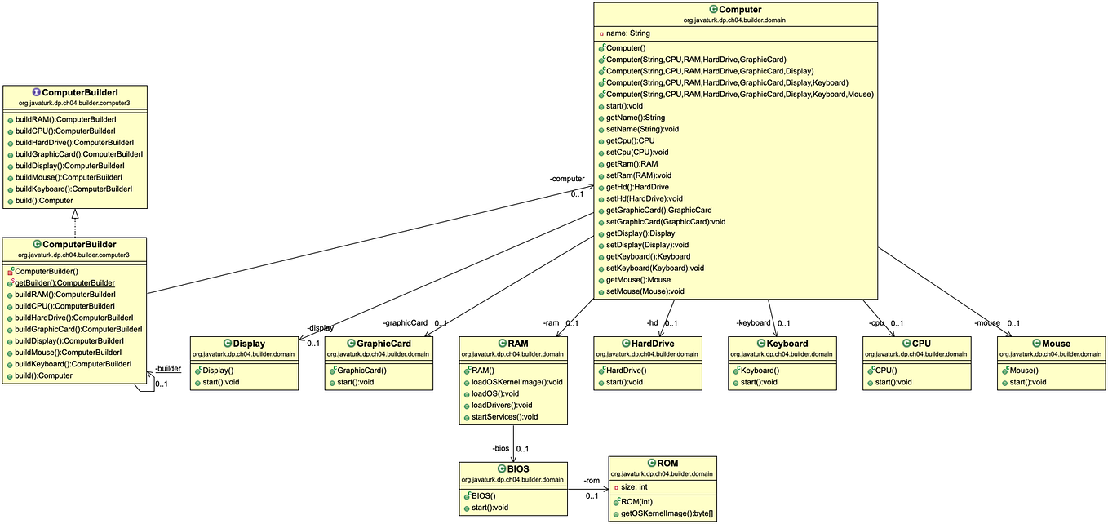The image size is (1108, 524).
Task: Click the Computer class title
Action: click(741, 9)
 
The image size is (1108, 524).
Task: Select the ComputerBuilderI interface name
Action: click(79, 93)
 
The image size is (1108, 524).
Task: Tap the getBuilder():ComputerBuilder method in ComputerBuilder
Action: click(64, 282)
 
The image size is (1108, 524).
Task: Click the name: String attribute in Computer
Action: click(627, 33)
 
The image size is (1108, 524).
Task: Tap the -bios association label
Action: click(500, 448)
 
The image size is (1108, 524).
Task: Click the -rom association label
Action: click(592, 480)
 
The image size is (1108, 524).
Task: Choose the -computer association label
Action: click(567, 178)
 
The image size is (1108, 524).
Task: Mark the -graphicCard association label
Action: click(405, 322)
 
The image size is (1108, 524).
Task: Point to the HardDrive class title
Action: click(651, 344)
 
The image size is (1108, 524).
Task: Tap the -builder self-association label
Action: click(168, 368)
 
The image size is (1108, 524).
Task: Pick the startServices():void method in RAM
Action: click(505, 416)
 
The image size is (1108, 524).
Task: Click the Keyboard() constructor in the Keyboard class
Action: click(760, 371)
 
